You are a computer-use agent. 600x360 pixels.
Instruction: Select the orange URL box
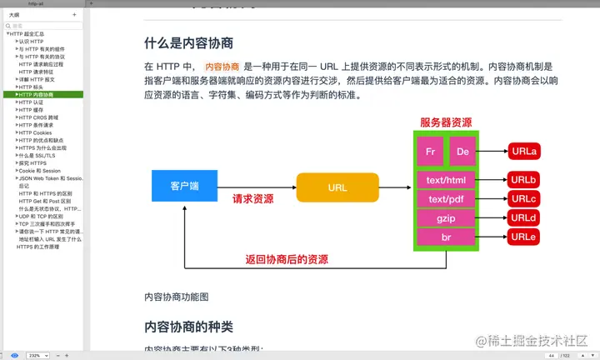[337, 187]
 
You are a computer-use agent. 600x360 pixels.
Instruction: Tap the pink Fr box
[430, 152]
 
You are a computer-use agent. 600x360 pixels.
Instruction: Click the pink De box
[463, 152]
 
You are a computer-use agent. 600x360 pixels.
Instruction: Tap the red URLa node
[524, 151]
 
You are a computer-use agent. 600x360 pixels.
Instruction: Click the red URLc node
[524, 198]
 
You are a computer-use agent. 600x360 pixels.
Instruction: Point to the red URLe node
[524, 237]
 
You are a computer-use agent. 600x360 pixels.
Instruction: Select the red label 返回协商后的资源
[287, 259]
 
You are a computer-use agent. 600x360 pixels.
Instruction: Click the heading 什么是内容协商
[188, 42]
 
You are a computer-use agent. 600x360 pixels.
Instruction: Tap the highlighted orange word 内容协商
[222, 67]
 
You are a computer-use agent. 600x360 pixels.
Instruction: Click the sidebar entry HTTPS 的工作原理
[37, 247]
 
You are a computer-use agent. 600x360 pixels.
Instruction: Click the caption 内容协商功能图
[177, 297]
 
